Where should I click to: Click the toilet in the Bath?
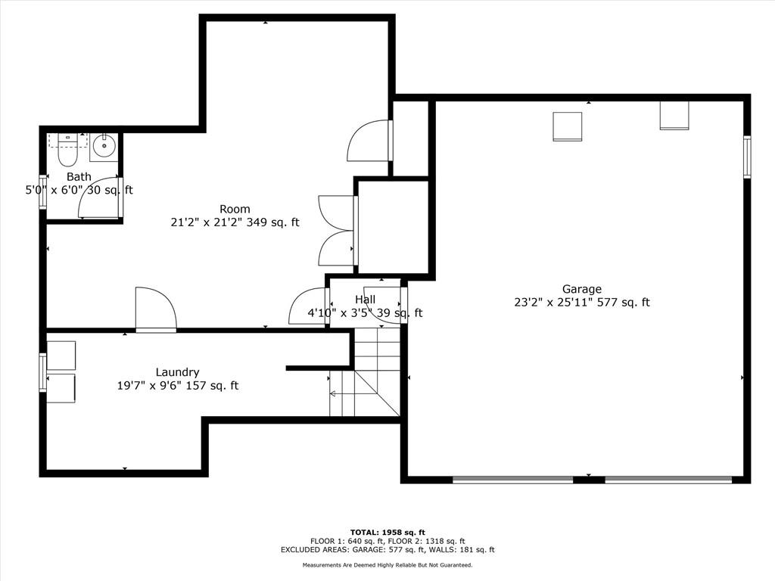click(67, 150)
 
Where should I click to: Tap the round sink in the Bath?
click(104, 146)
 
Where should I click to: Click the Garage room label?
click(582, 289)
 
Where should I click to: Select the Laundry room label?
click(177, 372)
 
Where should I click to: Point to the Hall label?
click(365, 300)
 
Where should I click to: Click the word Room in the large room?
click(235, 209)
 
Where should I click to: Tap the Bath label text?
click(79, 176)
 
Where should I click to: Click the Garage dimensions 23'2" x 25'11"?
click(553, 302)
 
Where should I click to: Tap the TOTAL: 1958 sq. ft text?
click(387, 532)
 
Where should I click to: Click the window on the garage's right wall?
click(747, 156)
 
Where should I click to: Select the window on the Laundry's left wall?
click(43, 372)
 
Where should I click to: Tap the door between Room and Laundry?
click(156, 309)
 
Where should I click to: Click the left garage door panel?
click(513, 479)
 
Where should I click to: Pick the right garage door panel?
click(668, 479)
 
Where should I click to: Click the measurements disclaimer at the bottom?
click(387, 564)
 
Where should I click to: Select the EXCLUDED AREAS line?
click(387, 549)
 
